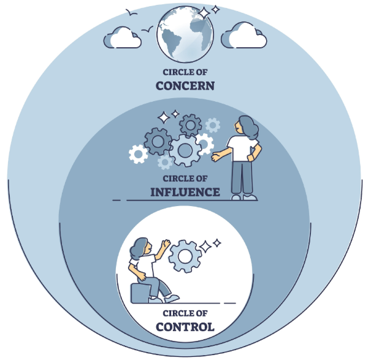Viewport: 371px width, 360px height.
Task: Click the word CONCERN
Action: [x=185, y=85]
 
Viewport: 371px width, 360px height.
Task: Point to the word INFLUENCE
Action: [x=185, y=192]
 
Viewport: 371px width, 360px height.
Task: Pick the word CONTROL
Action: [x=185, y=326]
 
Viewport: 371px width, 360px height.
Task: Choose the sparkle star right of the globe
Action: [x=203, y=13]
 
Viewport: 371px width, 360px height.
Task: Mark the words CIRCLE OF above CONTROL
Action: [x=185, y=314]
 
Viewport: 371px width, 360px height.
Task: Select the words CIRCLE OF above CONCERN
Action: [x=185, y=72]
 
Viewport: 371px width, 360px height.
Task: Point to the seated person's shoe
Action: [x=172, y=298]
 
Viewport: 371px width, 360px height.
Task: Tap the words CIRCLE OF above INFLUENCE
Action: [x=185, y=179]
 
